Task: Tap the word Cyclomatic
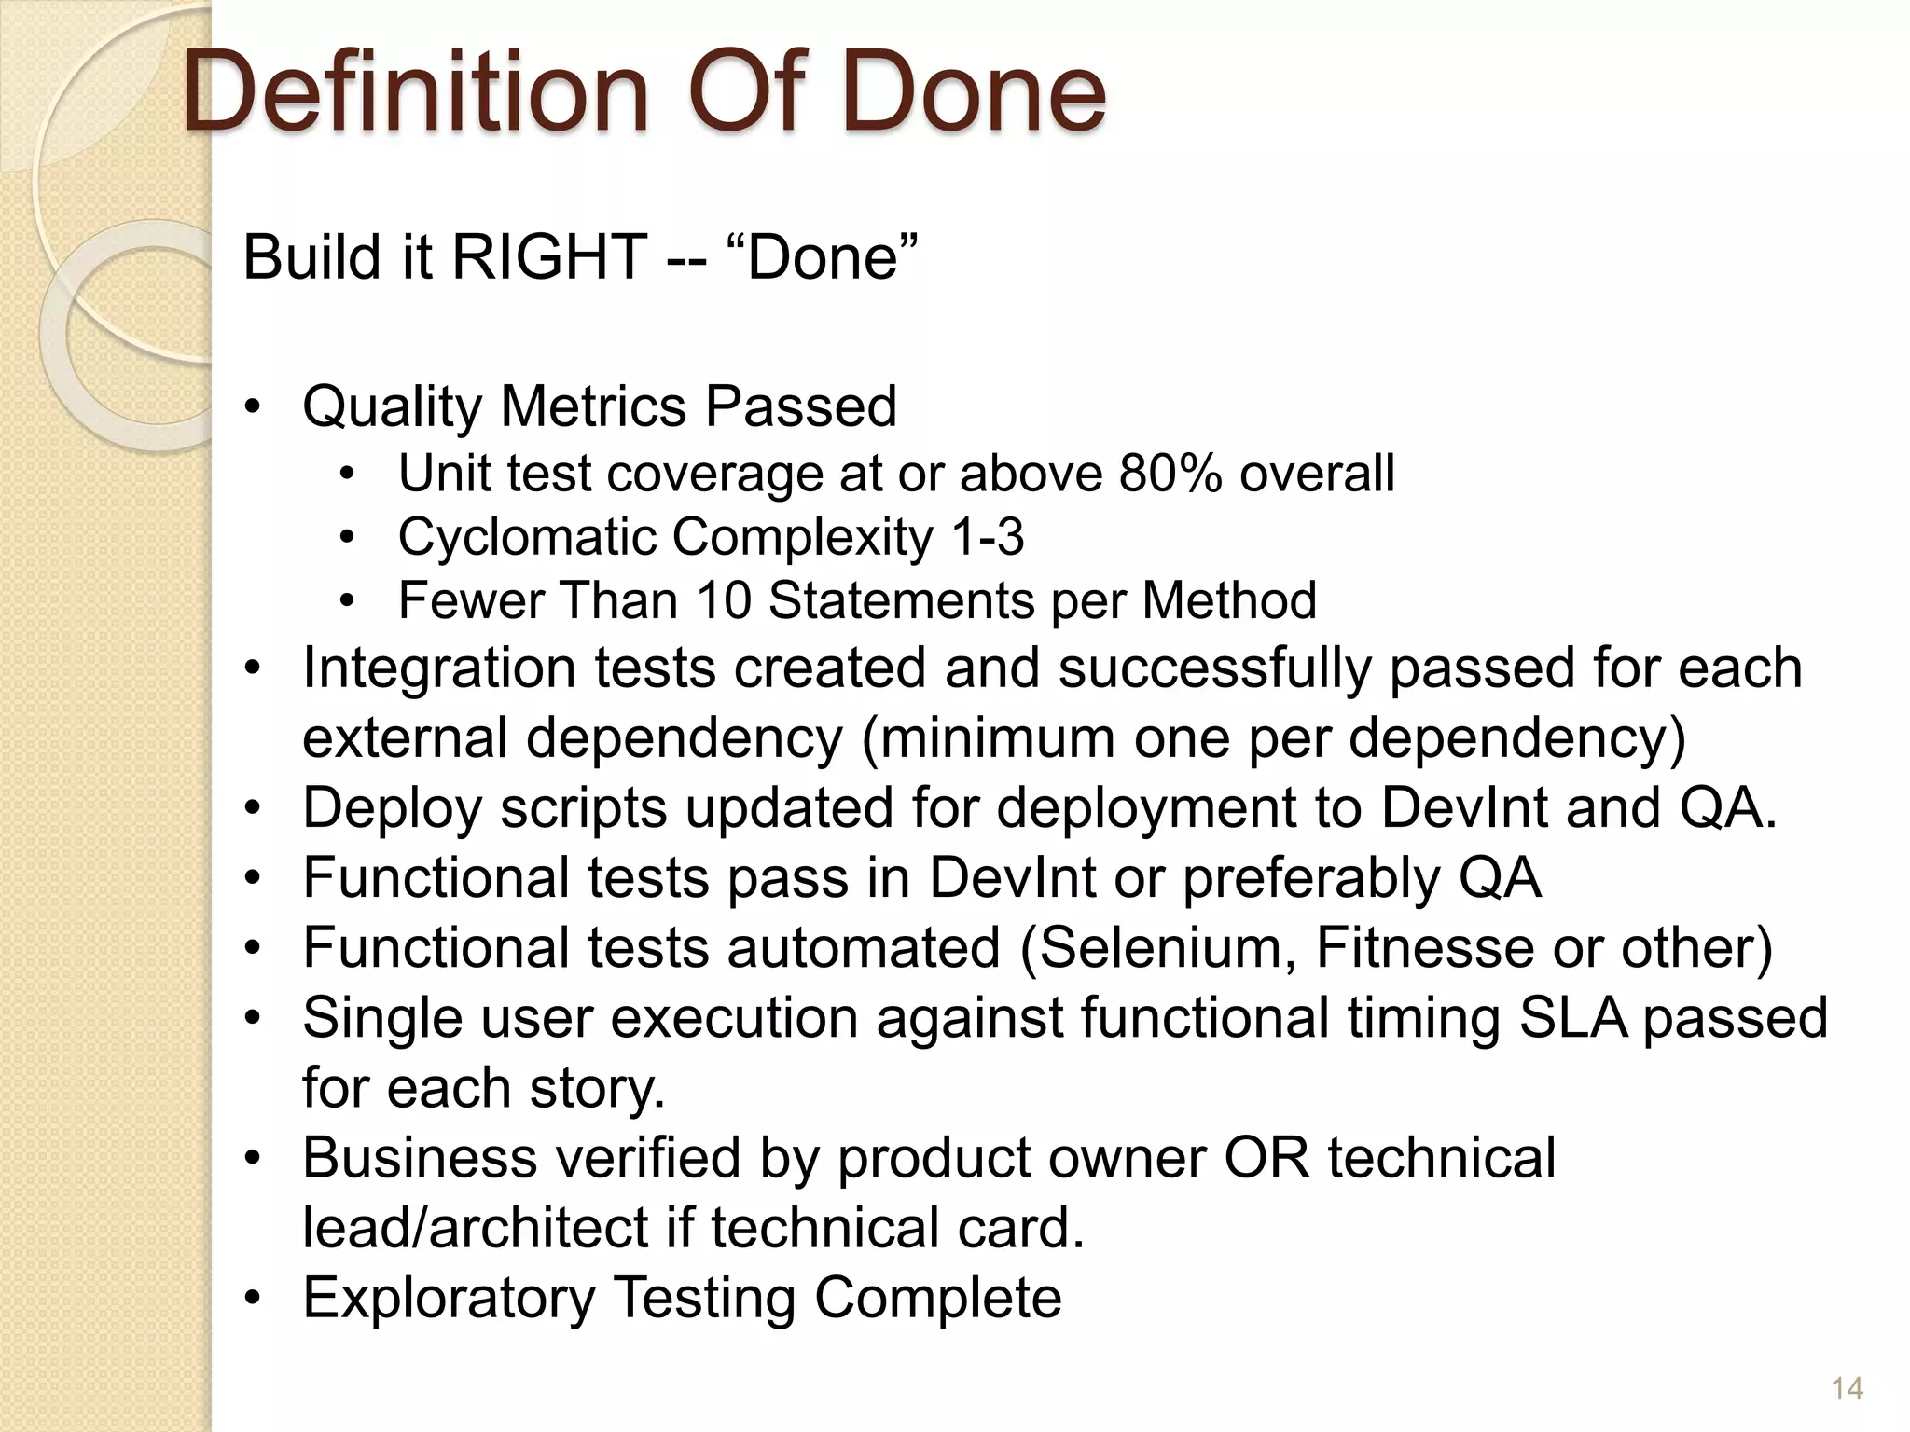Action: point(525,537)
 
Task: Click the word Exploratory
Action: point(449,1297)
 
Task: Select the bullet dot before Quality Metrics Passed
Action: point(252,408)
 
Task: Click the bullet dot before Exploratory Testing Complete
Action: point(252,1299)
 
